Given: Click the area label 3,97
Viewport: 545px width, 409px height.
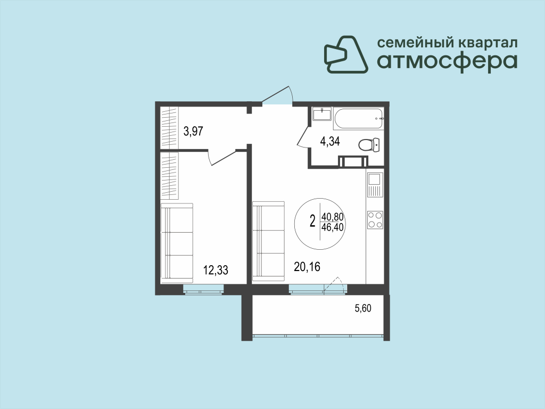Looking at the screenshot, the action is tap(193, 132).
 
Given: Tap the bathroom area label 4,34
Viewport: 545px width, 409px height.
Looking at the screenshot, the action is tap(330, 142).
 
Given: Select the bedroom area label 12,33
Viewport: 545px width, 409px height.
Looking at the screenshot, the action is tap(216, 270).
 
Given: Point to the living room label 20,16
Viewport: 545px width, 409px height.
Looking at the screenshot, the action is tap(307, 267).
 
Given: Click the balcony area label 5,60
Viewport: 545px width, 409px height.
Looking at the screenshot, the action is tap(363, 308).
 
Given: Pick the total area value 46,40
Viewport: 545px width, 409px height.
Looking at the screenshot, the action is tap(333, 227).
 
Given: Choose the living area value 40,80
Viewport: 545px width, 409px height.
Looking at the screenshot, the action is tap(333, 217).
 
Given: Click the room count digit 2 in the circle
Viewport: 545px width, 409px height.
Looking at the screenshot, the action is tap(312, 221).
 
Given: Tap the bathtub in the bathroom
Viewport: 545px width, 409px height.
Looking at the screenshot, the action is tap(359, 119).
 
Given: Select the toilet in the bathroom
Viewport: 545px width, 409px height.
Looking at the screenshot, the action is tap(369, 145).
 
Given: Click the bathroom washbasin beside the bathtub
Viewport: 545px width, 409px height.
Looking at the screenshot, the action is tap(322, 114).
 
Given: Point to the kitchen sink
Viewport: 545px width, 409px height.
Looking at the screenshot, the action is tap(375, 185).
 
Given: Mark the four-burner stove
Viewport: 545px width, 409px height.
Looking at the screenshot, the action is tap(375, 220).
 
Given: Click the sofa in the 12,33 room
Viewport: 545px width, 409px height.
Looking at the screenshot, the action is tap(177, 243).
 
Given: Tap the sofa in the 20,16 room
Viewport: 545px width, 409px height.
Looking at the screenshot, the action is tap(268, 241).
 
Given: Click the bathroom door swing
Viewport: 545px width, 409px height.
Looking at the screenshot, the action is tap(303, 136).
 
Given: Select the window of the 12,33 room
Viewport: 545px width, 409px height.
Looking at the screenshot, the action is tap(203, 289).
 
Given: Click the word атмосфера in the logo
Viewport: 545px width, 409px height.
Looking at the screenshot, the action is tap(447, 62).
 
